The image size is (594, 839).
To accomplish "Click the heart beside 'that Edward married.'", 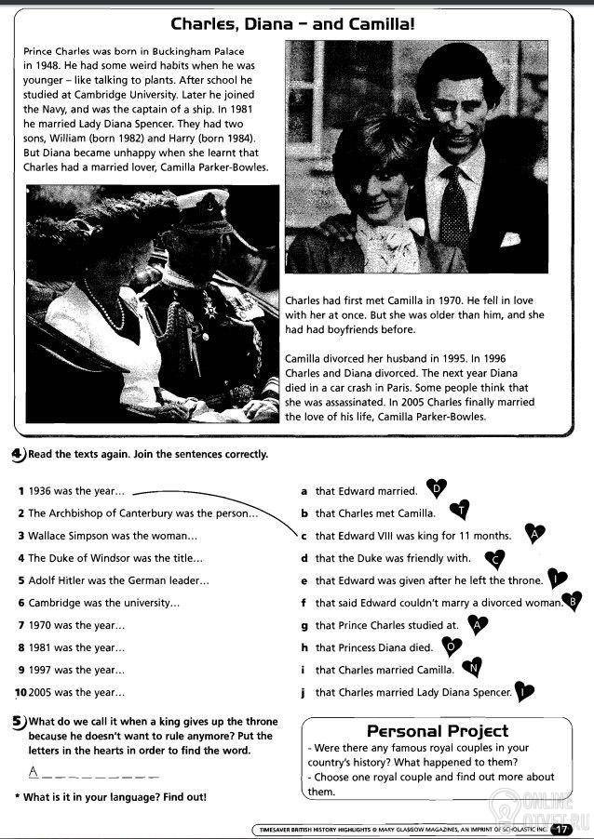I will [x=437, y=487].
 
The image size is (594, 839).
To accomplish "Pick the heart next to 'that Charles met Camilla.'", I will [x=461, y=510].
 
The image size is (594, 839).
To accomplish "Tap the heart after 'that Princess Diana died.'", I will [x=451, y=646].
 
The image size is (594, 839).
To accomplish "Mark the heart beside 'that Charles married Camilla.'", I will [x=473, y=667].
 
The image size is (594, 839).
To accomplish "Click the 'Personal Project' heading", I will [x=438, y=730].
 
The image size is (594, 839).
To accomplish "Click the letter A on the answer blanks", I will [x=34, y=771].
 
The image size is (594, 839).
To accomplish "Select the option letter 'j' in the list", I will [x=304, y=692].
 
